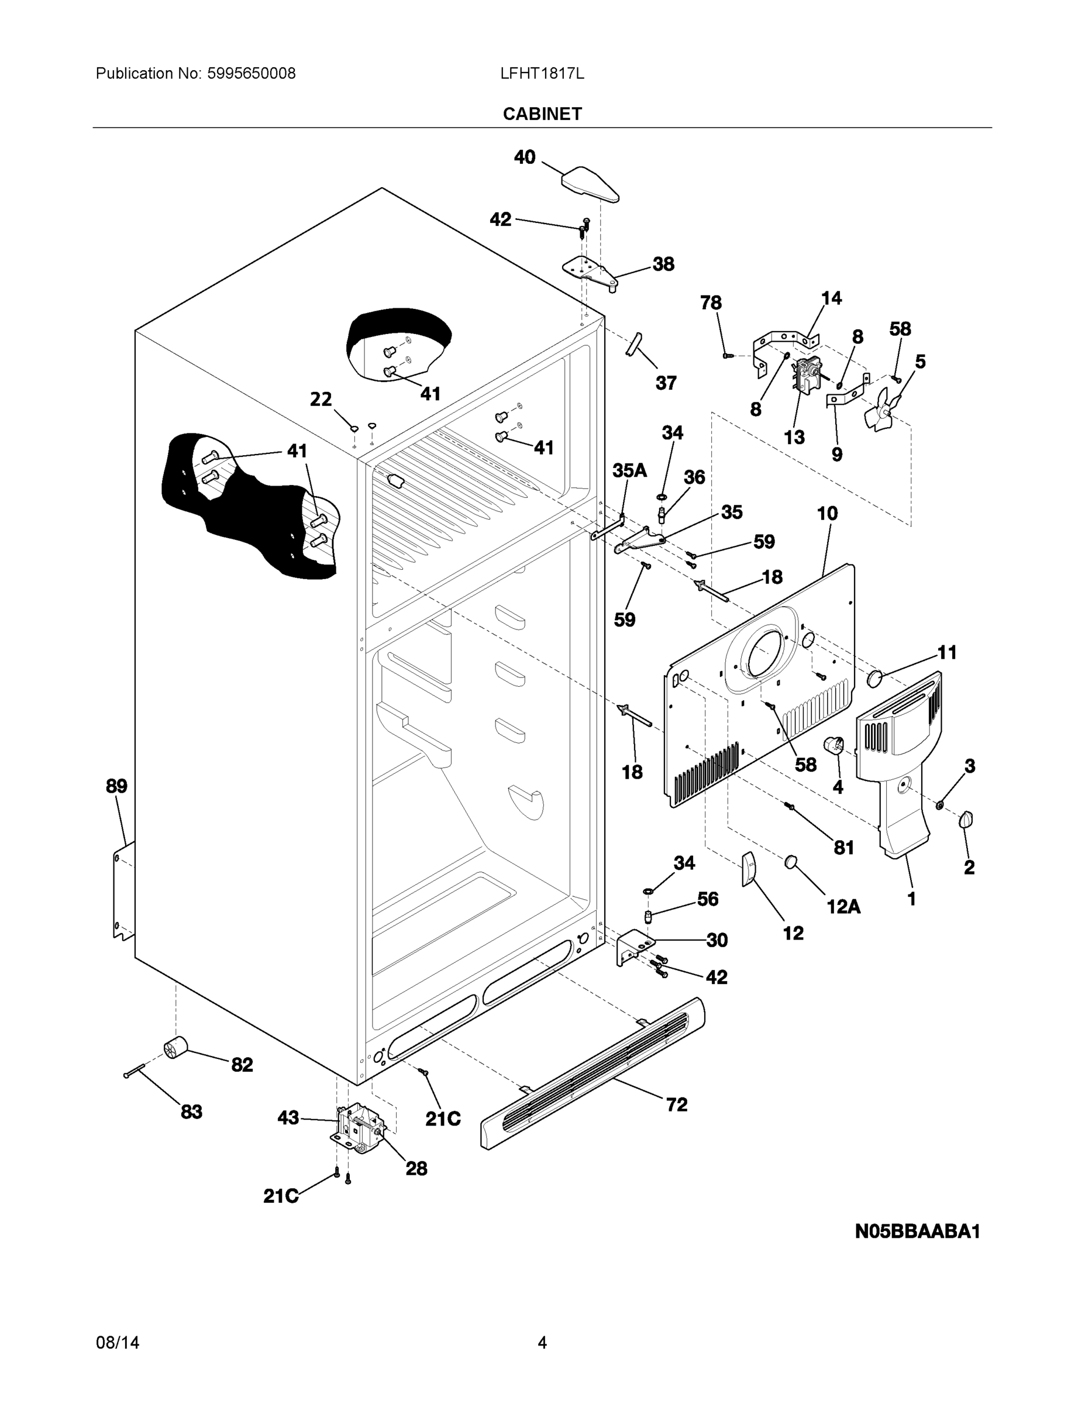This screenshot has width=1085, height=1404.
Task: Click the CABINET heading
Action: coord(542,114)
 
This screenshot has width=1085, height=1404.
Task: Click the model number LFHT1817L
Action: coord(542,74)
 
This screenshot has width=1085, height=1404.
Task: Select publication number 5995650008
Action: coord(251,74)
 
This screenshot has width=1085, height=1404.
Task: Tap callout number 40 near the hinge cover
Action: coord(525,157)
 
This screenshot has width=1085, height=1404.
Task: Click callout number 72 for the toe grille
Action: coord(676,1104)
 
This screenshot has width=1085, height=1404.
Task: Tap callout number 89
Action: coord(116,786)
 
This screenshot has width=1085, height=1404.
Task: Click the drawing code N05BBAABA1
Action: coord(917,1231)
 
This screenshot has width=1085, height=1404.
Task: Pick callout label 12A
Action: coord(843,906)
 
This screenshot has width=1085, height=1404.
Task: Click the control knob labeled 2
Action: coord(966,820)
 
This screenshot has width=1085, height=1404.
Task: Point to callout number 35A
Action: coord(629,470)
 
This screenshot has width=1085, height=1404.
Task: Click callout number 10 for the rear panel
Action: coord(827,513)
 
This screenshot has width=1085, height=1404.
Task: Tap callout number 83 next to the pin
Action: coord(191,1111)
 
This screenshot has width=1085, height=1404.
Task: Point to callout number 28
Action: coord(416,1168)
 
